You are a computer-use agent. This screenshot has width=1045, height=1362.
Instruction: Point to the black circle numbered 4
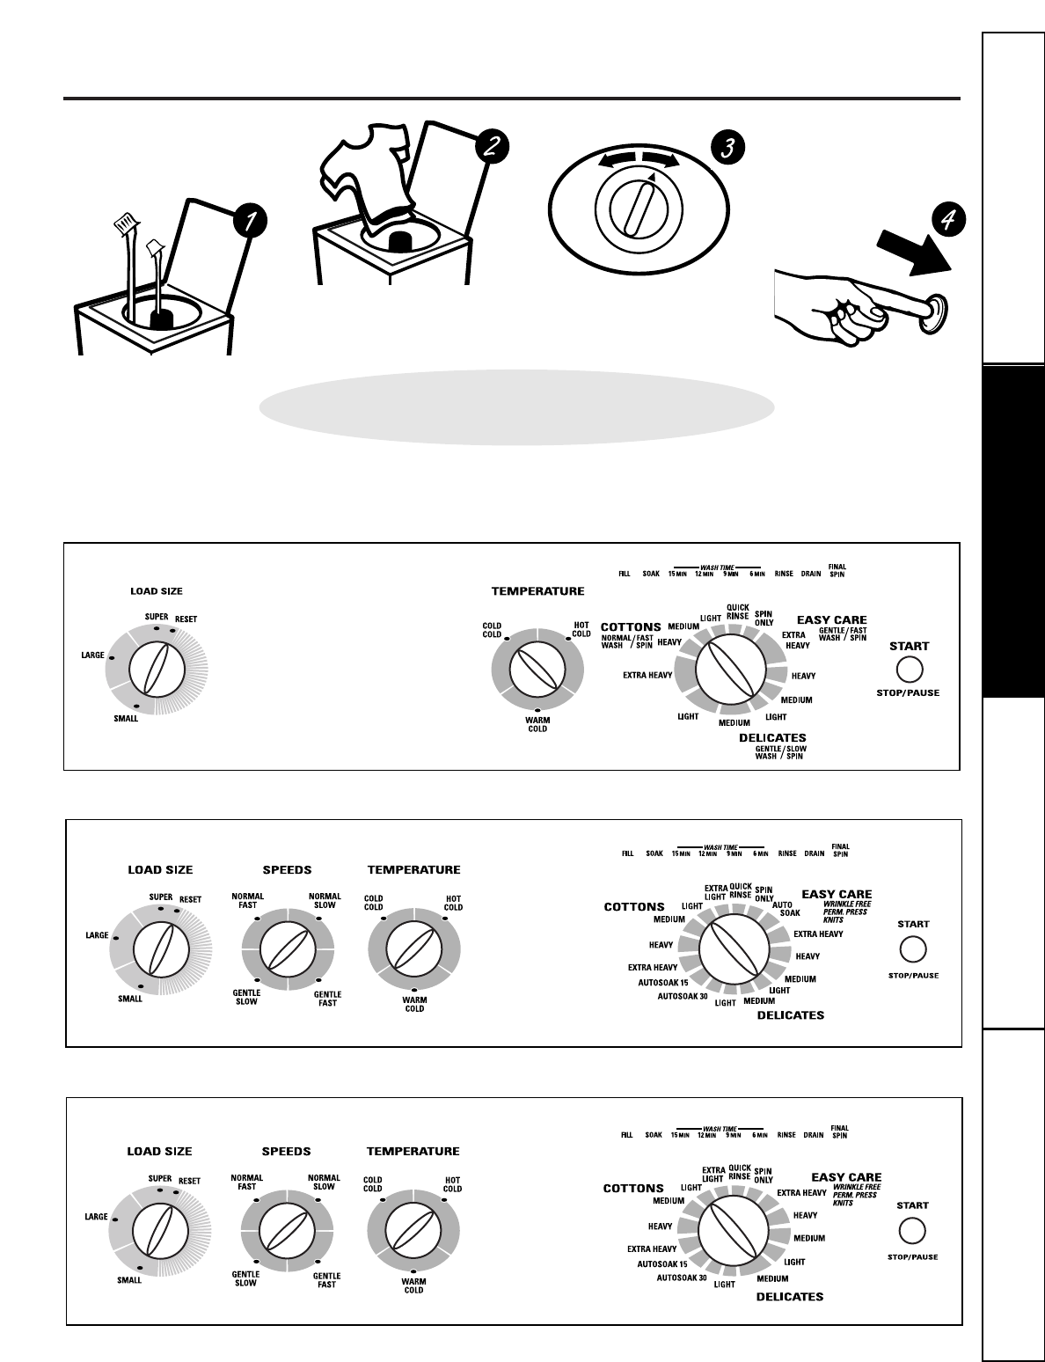point(947,220)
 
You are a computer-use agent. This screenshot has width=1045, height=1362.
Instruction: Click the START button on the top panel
point(909,670)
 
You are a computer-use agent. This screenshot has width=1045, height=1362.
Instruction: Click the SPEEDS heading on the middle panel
point(288,870)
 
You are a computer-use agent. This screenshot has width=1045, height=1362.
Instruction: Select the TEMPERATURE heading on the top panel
point(537,591)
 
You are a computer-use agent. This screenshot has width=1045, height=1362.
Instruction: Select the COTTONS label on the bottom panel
point(633,1188)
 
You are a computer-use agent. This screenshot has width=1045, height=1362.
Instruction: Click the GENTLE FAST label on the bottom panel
point(326,1279)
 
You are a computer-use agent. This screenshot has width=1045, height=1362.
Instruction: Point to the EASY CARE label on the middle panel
point(837,894)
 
